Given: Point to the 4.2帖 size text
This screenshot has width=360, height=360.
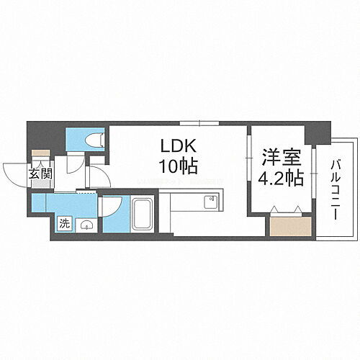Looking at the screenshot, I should coord(282,178).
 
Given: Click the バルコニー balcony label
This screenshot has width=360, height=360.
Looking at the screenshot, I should coord(336,181).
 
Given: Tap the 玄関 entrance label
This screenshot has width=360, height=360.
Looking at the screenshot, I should coord(40,174).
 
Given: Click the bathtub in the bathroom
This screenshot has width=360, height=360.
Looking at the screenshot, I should coord(142,214).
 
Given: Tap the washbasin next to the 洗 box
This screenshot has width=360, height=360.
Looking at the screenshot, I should coord(86,224).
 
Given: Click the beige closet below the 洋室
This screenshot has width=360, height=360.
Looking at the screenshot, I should coord(289,226).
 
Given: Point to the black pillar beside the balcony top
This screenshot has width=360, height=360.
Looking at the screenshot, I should coord(315,132).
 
